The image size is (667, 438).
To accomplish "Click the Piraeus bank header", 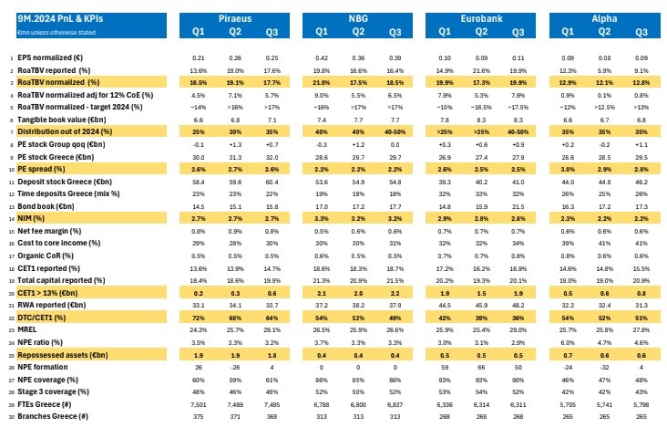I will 235,18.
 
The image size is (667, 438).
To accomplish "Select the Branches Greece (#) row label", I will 52,415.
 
